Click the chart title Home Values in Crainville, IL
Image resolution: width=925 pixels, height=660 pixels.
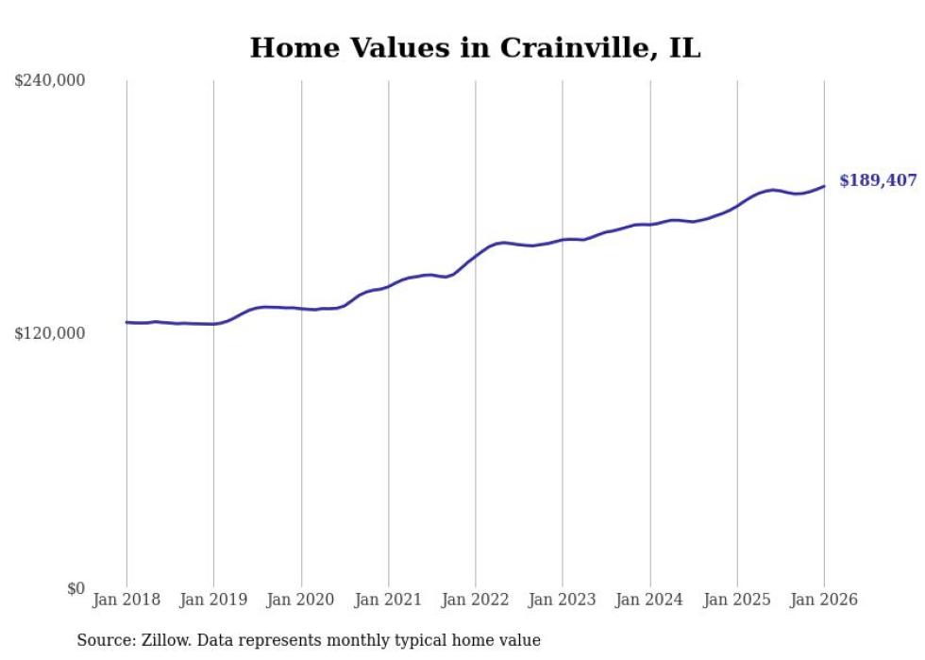pos(475,48)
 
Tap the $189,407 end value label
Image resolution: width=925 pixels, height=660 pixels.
pos(877,180)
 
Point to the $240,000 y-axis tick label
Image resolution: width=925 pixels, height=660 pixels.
pos(50,81)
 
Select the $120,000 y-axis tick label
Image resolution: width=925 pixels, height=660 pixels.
pos(50,333)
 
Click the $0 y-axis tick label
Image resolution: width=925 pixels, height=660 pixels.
pos(76,588)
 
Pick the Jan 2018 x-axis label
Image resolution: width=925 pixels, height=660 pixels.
pos(126,601)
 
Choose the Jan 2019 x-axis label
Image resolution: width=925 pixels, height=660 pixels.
pos(213,601)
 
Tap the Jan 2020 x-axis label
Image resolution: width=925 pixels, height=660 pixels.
pos(301,601)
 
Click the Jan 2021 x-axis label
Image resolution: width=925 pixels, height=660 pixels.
pos(388,601)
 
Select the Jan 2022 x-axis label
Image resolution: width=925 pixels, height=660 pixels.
pos(476,601)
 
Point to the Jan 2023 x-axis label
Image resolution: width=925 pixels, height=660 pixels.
pos(563,601)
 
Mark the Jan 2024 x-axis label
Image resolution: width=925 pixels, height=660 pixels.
pos(649,601)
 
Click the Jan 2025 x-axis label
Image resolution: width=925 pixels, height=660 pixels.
pos(737,601)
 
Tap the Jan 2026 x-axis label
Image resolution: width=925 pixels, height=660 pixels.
pos(824,601)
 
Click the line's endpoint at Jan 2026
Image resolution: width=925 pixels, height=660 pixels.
pos(824,186)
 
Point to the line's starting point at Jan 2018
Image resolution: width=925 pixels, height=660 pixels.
pos(126,322)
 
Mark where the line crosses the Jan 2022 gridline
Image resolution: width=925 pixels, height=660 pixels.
pos(476,254)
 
